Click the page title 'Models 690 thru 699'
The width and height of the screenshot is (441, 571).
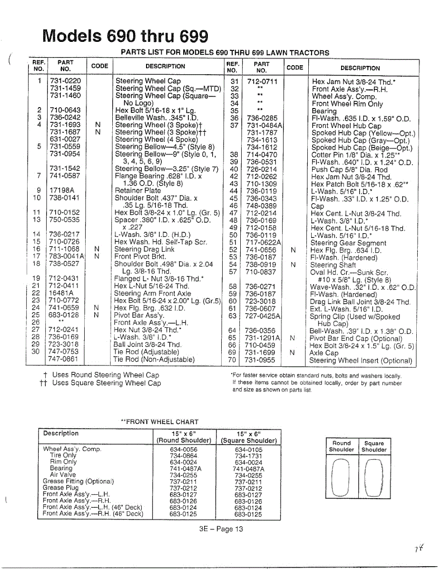coord(125,36)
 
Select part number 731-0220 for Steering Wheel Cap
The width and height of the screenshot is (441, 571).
coord(65,81)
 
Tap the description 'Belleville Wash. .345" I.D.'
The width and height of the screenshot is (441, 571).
coord(157,118)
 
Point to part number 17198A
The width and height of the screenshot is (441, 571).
coord(62,190)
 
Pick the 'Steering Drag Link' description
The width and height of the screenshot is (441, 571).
coord(145,249)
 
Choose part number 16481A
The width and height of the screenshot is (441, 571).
coord(62,293)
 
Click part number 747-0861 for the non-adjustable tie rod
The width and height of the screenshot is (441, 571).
coord(65,359)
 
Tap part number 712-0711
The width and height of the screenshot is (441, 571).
coord(262,81)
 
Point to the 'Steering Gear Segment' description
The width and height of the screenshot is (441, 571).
coord(348,243)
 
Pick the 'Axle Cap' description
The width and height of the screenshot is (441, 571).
coord(324,353)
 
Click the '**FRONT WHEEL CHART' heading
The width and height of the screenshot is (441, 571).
coord(159,422)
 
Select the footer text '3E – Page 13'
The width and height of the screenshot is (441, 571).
coord(221,529)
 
